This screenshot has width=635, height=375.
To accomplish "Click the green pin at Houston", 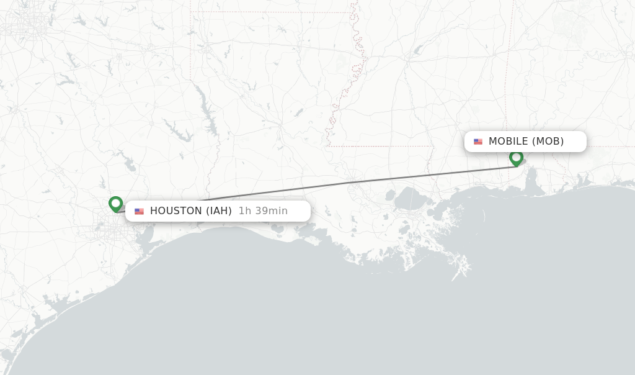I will tap(115, 204).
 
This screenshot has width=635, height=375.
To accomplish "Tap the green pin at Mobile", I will tap(516, 158).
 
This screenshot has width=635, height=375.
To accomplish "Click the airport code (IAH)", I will tap(219, 211).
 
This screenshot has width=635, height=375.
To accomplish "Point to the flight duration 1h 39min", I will tap(263, 211).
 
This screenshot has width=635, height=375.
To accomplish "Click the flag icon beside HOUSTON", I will tap(139, 212).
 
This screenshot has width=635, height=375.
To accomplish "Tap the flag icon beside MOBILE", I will tap(478, 142).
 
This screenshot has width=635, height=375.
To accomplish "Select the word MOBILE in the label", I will tap(508, 142).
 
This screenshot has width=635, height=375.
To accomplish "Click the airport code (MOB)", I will tap(548, 142).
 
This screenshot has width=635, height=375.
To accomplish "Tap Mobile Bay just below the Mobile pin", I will tap(531, 179).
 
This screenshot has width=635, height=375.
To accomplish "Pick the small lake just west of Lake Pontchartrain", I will tap(390, 195).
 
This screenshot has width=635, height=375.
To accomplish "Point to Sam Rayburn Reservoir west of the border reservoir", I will tap(176, 132).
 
